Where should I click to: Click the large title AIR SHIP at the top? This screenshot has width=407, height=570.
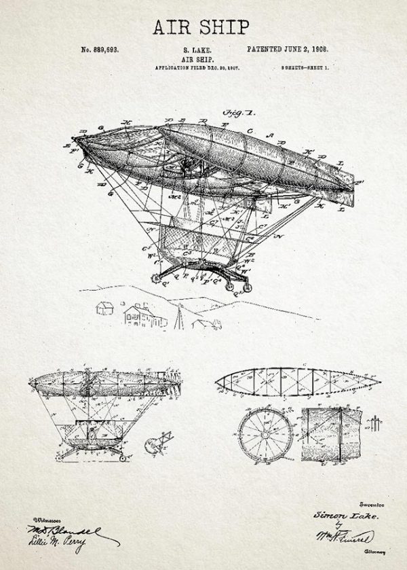tap(201, 26)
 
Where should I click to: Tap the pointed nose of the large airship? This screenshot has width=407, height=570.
tap(77, 140)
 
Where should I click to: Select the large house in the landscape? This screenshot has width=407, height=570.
tap(140, 314)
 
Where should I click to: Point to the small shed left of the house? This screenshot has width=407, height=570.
tap(104, 308)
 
